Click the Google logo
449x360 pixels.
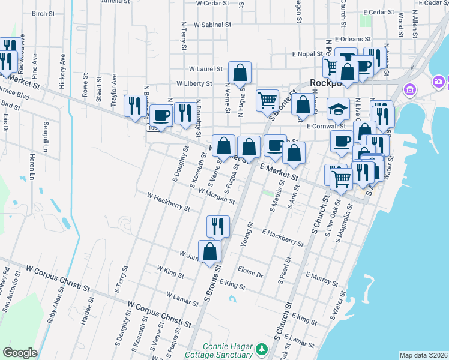pyautogui.click(x=20, y=352)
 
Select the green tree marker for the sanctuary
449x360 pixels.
pyautogui.click(x=261, y=349)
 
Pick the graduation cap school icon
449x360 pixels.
pyautogui.click(x=338, y=109)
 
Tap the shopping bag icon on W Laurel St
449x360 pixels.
pyautogui.click(x=240, y=73)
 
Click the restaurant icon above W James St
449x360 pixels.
pyautogui.click(x=217, y=226)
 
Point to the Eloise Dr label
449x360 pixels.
pyautogui.click(x=250, y=272)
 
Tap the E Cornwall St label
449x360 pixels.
pyautogui.click(x=326, y=127)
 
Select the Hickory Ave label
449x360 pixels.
pyautogui.click(x=62, y=73)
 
